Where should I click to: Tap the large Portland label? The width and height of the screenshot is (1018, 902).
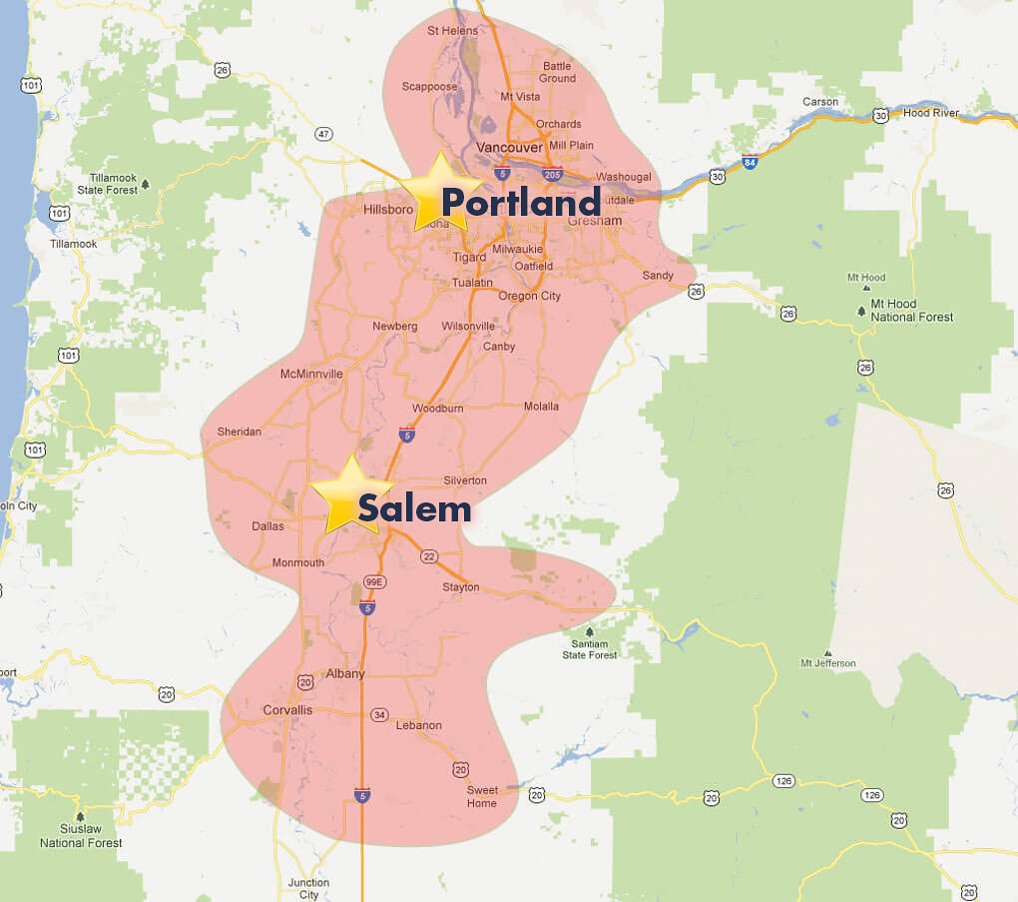tap(520, 203)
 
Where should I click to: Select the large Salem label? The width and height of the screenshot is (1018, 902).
tap(414, 508)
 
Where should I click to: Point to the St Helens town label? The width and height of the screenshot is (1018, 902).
tap(453, 31)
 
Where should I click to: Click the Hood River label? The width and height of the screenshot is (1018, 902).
tap(930, 113)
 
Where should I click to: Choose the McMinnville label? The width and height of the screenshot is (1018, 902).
tap(311, 374)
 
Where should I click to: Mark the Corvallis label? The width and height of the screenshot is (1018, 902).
tap(287, 709)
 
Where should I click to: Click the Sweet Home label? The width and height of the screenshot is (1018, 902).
tap(482, 796)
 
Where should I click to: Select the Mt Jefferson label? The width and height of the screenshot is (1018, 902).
tap(827, 663)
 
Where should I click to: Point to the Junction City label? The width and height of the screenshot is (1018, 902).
tap(308, 889)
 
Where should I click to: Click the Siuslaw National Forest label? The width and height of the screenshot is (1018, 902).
tap(81, 836)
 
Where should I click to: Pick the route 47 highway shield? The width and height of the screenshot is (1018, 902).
tap(322, 133)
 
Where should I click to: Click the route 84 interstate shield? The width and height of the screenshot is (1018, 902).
tap(750, 159)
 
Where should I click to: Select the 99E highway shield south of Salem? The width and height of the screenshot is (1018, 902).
tap(374, 581)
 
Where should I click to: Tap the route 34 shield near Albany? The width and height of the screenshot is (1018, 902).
tap(378, 714)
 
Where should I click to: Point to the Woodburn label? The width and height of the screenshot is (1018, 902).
tap(437, 409)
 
